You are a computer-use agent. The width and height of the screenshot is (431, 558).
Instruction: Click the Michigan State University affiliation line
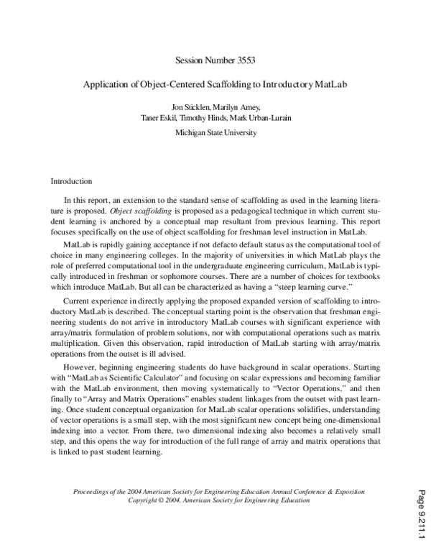point(215,132)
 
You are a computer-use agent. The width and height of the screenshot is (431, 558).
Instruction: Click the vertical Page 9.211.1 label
point(420,511)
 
